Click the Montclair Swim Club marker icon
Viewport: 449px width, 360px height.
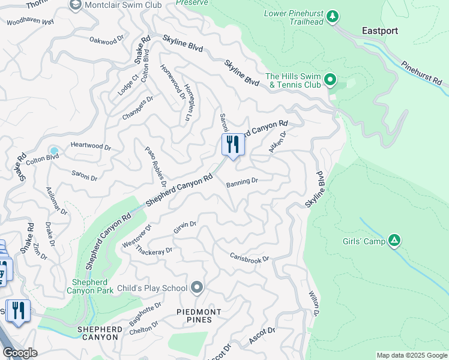[76, 5]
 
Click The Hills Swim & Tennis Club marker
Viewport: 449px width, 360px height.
[330, 79]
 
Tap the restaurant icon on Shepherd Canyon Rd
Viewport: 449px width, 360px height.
[232, 145]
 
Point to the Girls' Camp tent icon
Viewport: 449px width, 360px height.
[394, 241]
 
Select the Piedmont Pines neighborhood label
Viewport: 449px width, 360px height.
[199, 316]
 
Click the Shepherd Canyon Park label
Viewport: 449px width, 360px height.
[92, 287]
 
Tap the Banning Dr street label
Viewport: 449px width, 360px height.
[242, 182]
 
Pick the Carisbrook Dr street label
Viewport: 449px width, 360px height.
[249, 257]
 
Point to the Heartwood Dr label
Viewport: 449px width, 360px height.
[91, 146]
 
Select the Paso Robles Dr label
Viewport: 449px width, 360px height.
[155, 164]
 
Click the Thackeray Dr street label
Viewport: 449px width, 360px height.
[154, 249]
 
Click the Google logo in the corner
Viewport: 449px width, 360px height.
[20, 353]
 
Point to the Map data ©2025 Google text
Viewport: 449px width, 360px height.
[411, 355]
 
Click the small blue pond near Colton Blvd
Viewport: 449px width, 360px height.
[55, 151]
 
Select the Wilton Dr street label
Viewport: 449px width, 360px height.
[313, 304]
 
